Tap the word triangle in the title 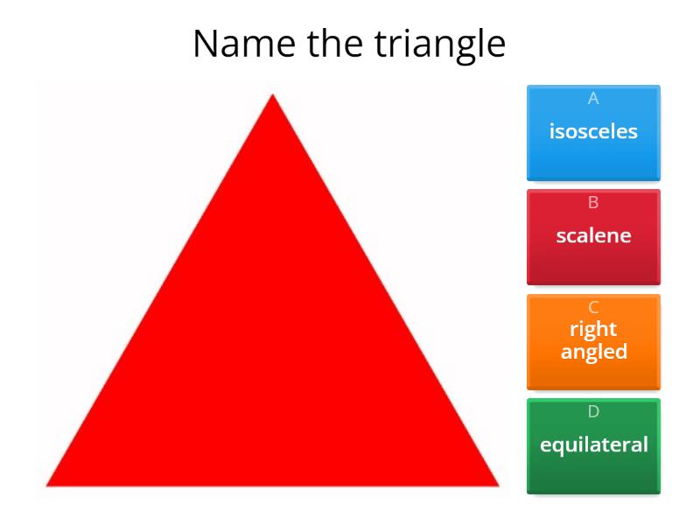click(440, 44)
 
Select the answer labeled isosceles click(593, 133)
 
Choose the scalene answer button click(593, 236)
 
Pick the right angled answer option click(593, 341)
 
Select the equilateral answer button click(593, 445)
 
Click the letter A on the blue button click(593, 99)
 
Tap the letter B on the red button click(593, 203)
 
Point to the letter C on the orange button click(593, 307)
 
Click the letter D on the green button click(593, 411)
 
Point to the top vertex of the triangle click(273, 94)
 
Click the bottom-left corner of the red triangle click(47, 485)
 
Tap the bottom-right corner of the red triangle click(498, 485)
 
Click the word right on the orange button click(593, 330)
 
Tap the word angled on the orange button click(593, 352)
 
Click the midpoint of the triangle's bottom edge click(273, 485)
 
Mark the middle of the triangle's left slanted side click(160, 290)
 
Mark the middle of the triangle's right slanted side click(385, 290)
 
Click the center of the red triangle click(273, 354)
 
